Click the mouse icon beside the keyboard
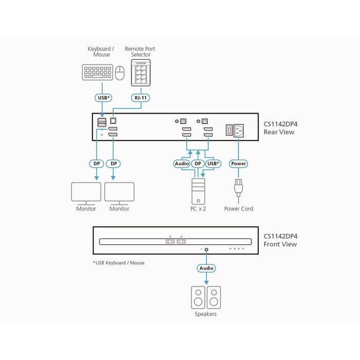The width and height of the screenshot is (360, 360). (120, 73)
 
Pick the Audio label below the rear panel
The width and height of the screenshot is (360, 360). (182, 164)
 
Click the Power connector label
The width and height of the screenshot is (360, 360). (239, 164)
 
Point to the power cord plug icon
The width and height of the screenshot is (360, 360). (239, 189)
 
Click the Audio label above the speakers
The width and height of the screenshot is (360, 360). (206, 268)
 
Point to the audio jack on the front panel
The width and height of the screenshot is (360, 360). (206, 249)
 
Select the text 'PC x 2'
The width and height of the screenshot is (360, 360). (198, 209)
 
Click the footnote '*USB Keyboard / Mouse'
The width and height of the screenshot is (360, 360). (119, 263)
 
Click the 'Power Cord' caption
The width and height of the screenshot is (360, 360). (239, 209)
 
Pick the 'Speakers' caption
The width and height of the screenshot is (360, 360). (206, 314)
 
